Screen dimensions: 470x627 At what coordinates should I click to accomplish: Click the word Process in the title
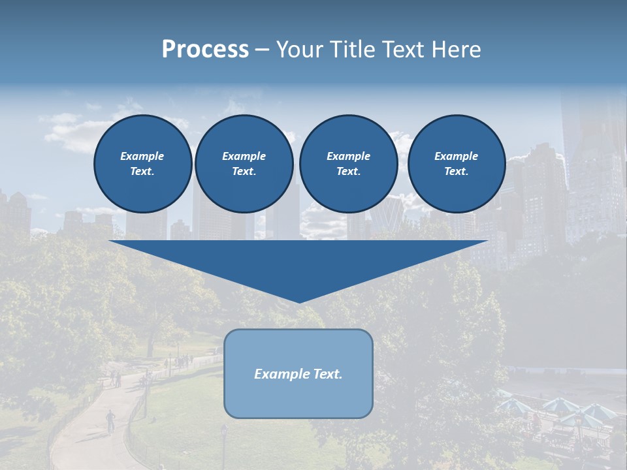205,50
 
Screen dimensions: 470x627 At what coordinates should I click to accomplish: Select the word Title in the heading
352,50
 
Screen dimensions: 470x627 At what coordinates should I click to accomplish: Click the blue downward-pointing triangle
298,261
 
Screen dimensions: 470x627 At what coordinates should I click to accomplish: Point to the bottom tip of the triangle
298,301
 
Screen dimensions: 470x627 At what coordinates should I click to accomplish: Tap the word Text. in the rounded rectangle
327,374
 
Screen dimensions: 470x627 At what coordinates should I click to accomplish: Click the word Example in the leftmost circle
142,156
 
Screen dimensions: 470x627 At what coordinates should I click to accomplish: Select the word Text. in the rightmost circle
456,172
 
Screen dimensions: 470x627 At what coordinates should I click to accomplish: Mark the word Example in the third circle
348,156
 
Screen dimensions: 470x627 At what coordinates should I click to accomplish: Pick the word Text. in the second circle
244,172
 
